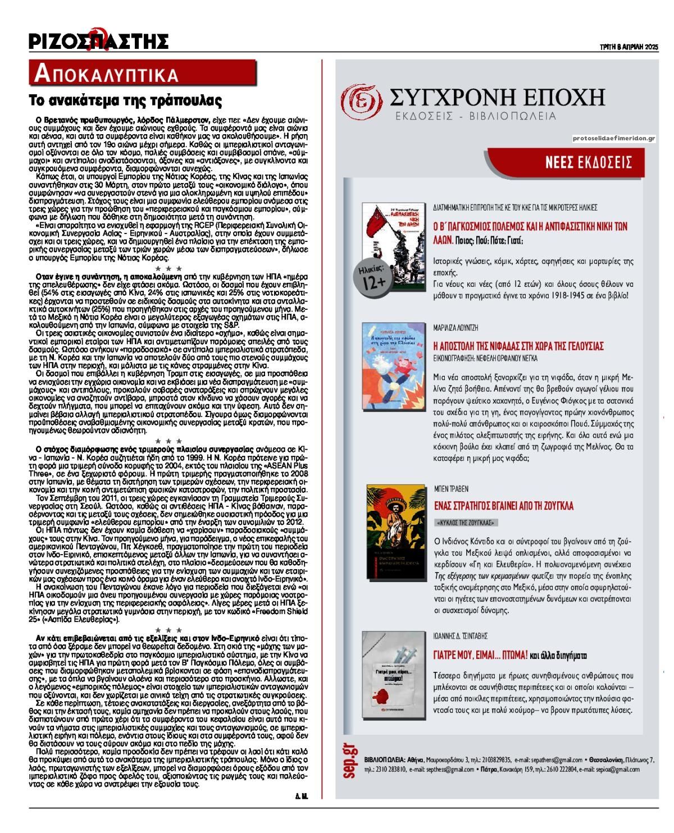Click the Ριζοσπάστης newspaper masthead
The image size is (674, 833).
99,40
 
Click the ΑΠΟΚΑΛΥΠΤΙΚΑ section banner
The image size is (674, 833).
107,74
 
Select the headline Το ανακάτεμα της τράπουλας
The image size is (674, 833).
126,101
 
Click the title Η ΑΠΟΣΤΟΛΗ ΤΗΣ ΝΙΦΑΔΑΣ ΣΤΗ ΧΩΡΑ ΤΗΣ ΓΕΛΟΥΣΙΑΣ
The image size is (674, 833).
518,345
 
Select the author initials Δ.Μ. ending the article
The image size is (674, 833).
301,796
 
